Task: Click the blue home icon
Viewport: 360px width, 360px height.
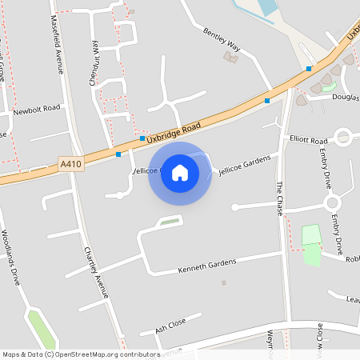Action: pyautogui.click(x=180, y=173)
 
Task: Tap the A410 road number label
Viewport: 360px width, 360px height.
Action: pyautogui.click(x=70, y=166)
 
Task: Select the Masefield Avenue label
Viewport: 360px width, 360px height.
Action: pyautogui.click(x=58, y=44)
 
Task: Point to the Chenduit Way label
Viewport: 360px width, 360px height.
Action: pyautogui.click(x=94, y=59)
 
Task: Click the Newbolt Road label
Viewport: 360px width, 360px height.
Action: pyautogui.click(x=37, y=108)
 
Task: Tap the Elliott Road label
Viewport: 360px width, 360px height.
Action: pyautogui.click(x=309, y=139)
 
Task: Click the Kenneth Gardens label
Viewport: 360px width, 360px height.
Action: pyautogui.click(x=207, y=264)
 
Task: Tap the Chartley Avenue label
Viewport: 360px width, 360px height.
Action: pyautogui.click(x=96, y=272)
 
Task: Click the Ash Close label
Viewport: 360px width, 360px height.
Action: pyautogui.click(x=170, y=323)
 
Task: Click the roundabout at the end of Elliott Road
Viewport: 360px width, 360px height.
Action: pyautogui.click(x=344, y=138)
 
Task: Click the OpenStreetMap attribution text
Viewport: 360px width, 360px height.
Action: pyautogui.click(x=81, y=354)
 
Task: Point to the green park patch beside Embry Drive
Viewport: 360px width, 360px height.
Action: pyautogui.click(x=311, y=236)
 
